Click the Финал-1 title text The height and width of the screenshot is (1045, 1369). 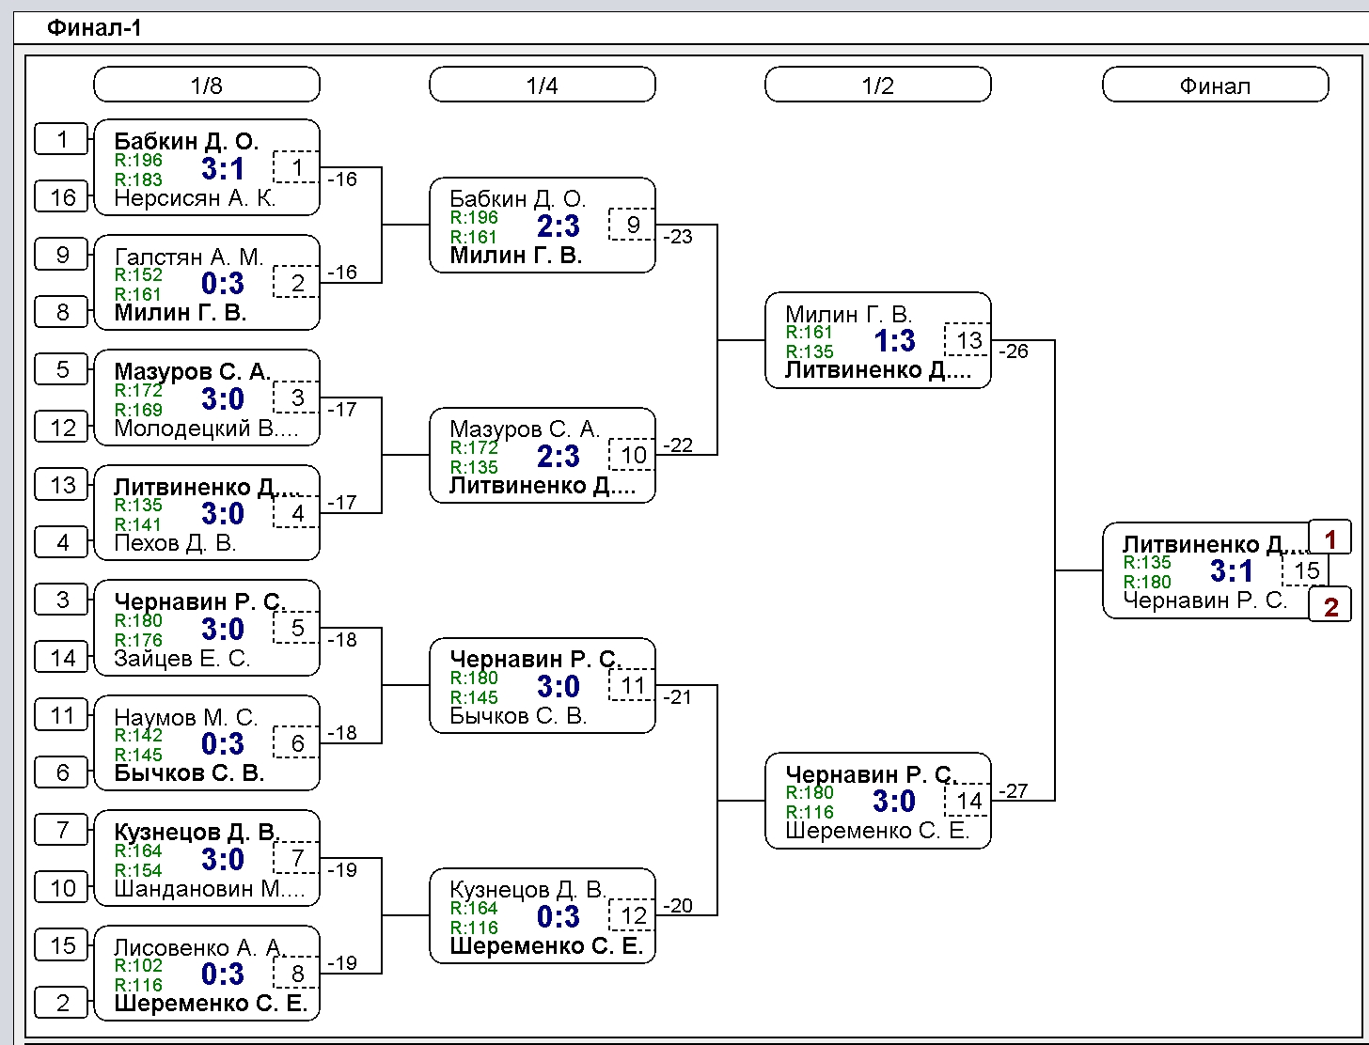[x=94, y=28]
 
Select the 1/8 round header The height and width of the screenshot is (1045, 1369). [x=207, y=85]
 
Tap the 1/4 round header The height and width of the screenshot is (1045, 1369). [x=542, y=85]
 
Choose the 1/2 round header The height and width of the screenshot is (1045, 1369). [x=877, y=85]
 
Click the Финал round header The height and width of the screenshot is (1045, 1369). [x=1215, y=85]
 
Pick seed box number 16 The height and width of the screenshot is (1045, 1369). [x=61, y=197]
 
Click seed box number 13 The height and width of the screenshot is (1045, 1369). [x=61, y=485]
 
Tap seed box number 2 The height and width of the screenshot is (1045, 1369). [x=61, y=1003]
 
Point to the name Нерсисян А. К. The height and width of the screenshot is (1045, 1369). [x=195, y=198]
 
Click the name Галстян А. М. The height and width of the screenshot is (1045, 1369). [x=189, y=257]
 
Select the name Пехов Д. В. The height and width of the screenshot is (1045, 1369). [x=175, y=543]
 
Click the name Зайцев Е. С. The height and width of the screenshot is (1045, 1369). [x=182, y=658]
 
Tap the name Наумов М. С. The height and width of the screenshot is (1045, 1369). [x=186, y=717]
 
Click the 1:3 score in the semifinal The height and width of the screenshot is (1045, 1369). [x=894, y=341]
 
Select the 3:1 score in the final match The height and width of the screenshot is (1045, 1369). [x=1231, y=570]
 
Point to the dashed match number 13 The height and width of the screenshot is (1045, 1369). [x=968, y=340]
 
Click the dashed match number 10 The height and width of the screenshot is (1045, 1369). [x=633, y=455]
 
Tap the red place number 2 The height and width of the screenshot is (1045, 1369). [x=1330, y=606]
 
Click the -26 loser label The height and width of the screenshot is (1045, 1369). [x=1014, y=351]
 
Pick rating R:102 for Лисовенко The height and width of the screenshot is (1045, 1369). [x=138, y=965]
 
